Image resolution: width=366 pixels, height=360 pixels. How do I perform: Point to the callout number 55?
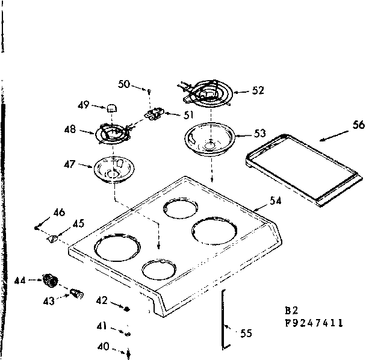point(246,333)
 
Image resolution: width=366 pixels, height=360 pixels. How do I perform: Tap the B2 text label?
point(291,311)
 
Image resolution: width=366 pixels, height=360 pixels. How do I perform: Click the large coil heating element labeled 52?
point(206,94)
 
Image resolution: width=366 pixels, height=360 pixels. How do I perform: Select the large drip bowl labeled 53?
point(208,139)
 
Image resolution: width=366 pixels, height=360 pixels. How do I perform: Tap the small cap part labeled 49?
point(111,108)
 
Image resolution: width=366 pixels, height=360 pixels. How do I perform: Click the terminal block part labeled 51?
point(156,113)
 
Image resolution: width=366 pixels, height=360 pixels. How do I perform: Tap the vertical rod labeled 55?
point(224,317)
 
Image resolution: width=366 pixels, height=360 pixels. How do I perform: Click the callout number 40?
point(103,346)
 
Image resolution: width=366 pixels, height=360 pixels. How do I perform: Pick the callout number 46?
point(59,212)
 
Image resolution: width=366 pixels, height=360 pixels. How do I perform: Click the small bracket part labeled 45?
point(52,238)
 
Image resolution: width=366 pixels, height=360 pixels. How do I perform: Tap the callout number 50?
point(124,85)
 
